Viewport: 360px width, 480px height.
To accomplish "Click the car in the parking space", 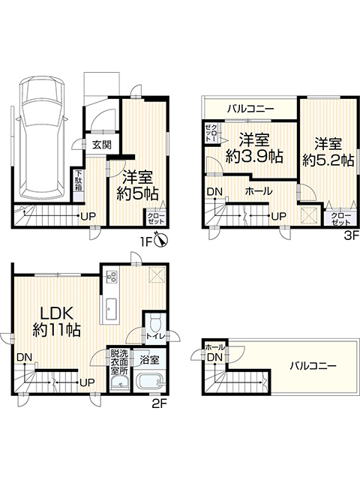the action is click(41, 138).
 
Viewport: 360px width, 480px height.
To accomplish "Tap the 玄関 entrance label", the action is click(102, 145).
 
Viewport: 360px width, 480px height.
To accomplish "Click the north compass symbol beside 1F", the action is click(161, 239).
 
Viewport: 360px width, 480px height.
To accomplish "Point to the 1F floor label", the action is click(146, 242).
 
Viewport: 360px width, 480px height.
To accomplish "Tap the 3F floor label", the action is click(351, 235).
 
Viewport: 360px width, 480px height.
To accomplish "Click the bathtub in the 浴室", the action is click(150, 381).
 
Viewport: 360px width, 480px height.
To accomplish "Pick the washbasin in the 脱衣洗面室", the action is click(120, 382).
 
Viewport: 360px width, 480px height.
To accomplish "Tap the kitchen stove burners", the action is click(111, 277).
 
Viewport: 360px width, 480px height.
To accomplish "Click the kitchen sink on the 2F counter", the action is click(111, 309).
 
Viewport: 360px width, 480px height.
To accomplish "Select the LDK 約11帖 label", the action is click(57, 322).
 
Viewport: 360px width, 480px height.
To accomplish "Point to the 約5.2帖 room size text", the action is click(329, 160).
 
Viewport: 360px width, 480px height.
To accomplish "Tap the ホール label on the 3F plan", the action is click(259, 192).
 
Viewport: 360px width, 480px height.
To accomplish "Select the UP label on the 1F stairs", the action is click(88, 217).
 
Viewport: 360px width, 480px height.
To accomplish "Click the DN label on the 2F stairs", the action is click(25, 357).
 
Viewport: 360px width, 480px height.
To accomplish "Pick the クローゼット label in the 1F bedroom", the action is click(156, 218).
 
